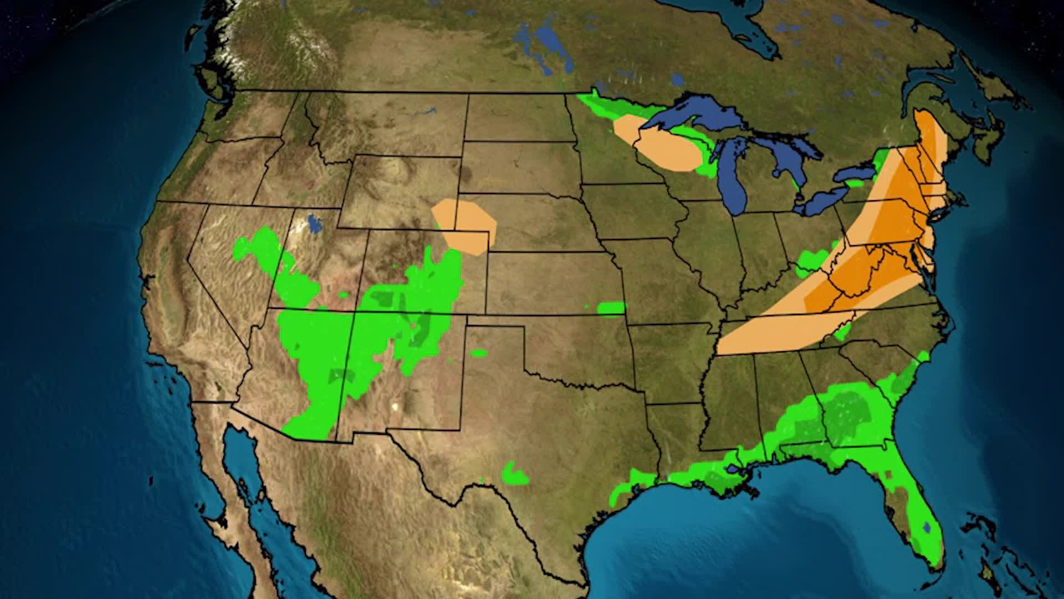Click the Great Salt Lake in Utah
click(314, 224)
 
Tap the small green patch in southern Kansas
click(611, 307)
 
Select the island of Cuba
click(997, 577)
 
